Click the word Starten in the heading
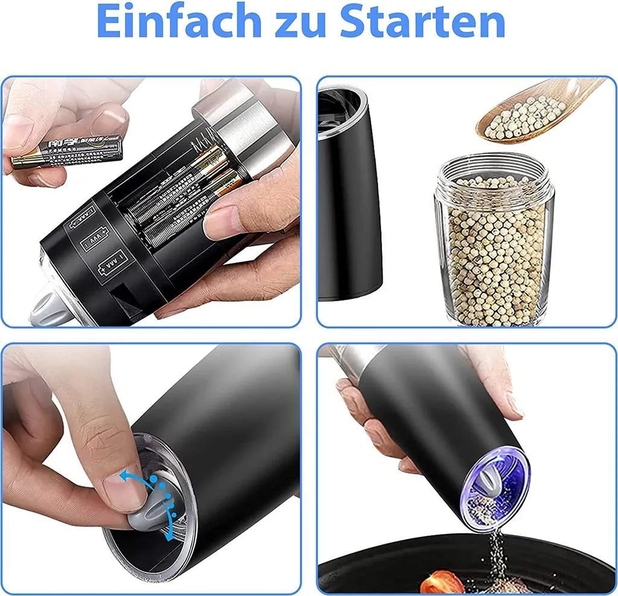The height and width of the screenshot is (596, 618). (x=422, y=22)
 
